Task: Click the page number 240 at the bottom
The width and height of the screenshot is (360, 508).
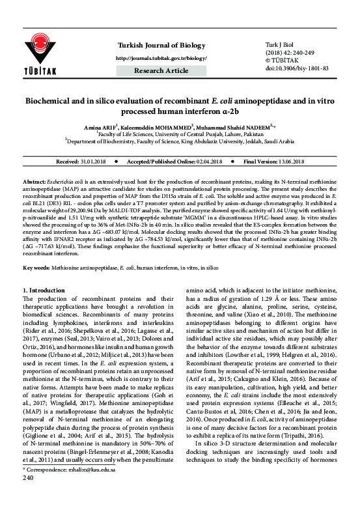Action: pyautogui.click(x=28, y=496)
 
